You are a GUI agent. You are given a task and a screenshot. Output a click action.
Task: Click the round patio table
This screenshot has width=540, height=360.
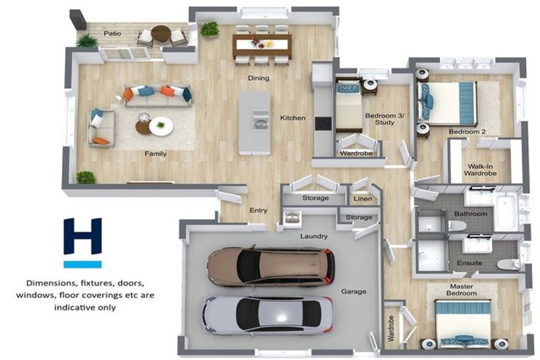161,34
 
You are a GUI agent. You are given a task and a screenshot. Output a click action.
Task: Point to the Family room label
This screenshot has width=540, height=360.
155,153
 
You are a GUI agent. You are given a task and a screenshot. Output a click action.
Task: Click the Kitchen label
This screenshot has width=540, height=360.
292,118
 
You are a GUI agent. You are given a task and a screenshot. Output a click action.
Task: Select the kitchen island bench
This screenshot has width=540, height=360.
254,122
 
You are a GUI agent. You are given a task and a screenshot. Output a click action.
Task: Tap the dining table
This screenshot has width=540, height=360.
262,46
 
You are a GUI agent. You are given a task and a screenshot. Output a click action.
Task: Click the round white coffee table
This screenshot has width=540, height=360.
161,126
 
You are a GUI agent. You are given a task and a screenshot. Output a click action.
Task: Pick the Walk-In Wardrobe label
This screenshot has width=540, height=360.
482,169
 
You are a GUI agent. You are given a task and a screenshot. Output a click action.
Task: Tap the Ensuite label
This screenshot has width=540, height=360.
470,263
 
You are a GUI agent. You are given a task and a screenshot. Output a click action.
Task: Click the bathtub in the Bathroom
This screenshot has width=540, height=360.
506,211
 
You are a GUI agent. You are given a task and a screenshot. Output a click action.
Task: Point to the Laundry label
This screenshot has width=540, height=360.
314,236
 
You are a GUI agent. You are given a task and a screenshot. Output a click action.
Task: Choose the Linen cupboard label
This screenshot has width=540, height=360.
362,199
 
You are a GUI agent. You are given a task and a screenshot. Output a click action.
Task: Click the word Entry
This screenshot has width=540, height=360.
258,210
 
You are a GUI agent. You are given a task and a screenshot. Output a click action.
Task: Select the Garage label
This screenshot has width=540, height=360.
353,291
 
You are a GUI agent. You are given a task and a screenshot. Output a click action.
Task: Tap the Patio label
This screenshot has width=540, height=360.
112,33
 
